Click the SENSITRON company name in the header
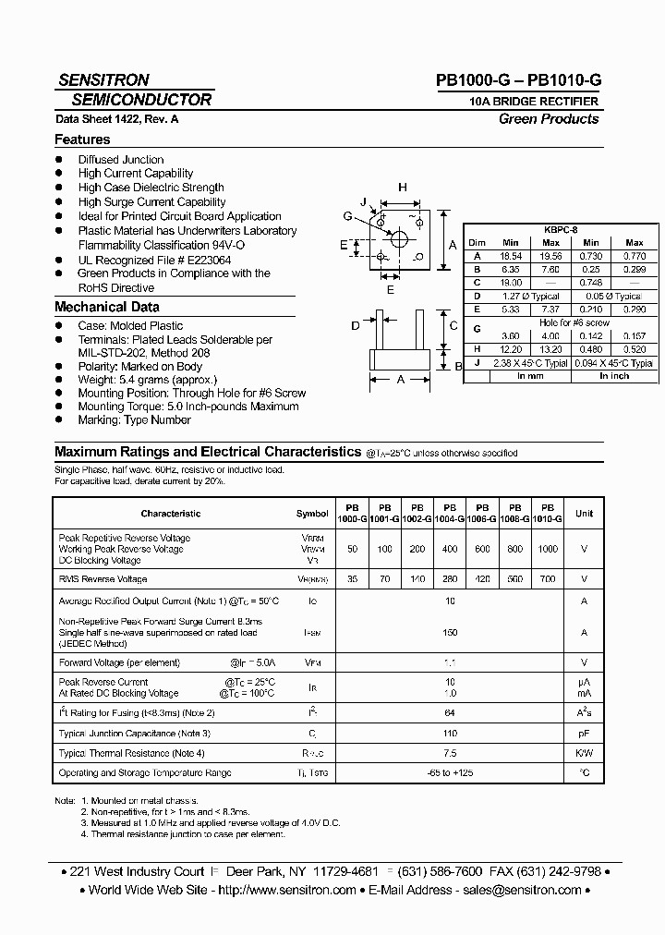[103, 80]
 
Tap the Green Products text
[549, 118]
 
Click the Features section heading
[82, 140]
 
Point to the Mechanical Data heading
[107, 307]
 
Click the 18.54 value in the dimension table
[510, 256]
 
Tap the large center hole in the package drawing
[399, 238]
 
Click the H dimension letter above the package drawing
[403, 188]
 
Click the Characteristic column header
[170, 513]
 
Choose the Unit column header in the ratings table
[584, 513]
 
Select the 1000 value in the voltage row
[548, 549]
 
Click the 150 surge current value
[451, 633]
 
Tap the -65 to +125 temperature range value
[451, 772]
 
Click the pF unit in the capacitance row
[584, 733]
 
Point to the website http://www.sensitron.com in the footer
[287, 890]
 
